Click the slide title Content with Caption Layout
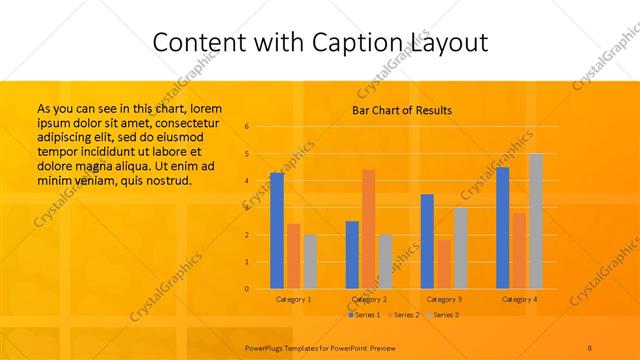319,42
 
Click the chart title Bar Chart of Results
402,110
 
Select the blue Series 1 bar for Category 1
277,230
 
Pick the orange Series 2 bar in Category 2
369,229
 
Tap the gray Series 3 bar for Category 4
536,221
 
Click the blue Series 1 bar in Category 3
427,241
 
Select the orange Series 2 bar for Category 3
444,264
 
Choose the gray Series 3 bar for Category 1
310,262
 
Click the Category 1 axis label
293,299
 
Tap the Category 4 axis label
519,299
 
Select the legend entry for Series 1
364,315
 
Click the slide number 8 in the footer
589,347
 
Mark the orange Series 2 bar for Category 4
519,250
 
